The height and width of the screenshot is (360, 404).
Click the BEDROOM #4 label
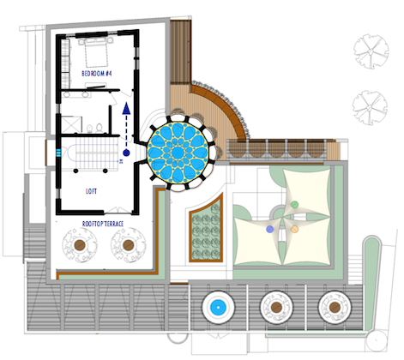(x=97, y=74)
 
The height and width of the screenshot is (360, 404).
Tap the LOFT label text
(x=91, y=191)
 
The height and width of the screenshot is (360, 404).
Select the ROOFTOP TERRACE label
(x=103, y=224)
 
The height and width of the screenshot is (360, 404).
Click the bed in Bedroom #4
(x=97, y=53)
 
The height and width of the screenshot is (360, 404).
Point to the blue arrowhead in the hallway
(x=126, y=109)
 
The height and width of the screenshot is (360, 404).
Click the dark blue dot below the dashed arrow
(x=126, y=153)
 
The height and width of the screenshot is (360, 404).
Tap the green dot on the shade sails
(x=294, y=205)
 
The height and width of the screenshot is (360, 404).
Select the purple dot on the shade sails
(x=269, y=229)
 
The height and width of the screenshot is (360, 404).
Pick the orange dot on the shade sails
(x=295, y=229)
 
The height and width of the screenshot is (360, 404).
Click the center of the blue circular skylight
(x=178, y=153)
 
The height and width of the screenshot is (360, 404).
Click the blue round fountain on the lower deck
(x=218, y=308)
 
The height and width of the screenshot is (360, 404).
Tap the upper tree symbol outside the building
(x=371, y=51)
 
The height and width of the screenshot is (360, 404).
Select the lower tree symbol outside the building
(x=370, y=107)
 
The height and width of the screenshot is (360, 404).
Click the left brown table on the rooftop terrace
(x=80, y=245)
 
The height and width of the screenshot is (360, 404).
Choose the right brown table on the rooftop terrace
(x=128, y=245)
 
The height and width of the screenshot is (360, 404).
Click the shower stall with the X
(x=71, y=124)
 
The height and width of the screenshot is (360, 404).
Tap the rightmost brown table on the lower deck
(x=335, y=308)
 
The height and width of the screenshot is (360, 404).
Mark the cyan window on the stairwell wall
(x=58, y=153)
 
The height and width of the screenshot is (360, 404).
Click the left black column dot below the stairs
(x=75, y=171)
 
